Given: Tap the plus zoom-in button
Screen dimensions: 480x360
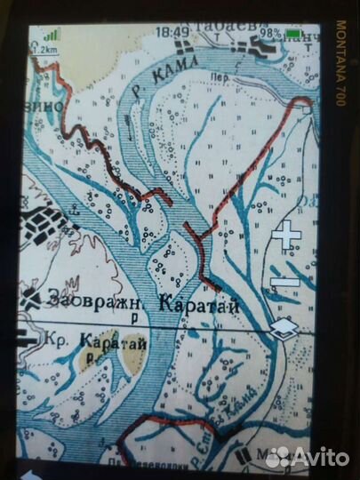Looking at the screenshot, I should [286, 236].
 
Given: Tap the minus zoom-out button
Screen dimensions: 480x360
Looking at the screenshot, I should [286, 283].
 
